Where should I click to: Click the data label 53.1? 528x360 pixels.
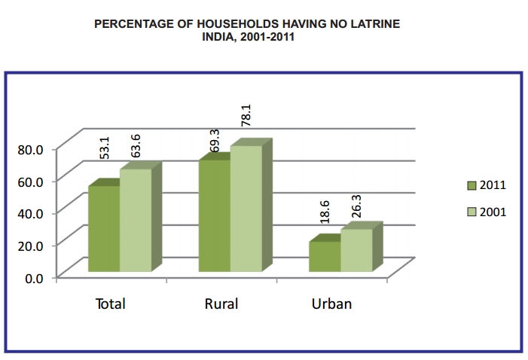click(x=106, y=148)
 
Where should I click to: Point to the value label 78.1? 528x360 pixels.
click(x=246, y=117)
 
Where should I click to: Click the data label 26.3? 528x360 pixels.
click(x=356, y=205)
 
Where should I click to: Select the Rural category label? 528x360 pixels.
click(x=221, y=304)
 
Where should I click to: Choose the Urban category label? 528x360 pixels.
click(x=331, y=304)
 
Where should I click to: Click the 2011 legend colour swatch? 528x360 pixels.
click(x=472, y=185)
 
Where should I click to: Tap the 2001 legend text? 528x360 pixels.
click(x=493, y=212)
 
